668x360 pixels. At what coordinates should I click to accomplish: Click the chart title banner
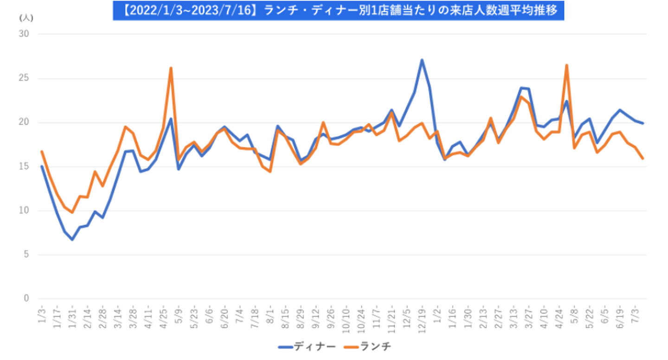(x=338, y=11)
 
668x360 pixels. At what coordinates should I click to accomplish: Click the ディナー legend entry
(x=307, y=347)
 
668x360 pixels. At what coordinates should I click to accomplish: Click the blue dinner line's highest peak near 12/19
(x=422, y=60)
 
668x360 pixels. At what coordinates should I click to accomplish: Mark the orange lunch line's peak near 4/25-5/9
(x=171, y=68)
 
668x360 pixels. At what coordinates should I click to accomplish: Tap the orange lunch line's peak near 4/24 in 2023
(x=566, y=65)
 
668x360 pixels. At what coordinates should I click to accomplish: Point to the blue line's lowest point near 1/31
(x=72, y=239)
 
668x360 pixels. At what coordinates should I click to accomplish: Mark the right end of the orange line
(x=642, y=159)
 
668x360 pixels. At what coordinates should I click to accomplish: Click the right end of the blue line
(x=642, y=123)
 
